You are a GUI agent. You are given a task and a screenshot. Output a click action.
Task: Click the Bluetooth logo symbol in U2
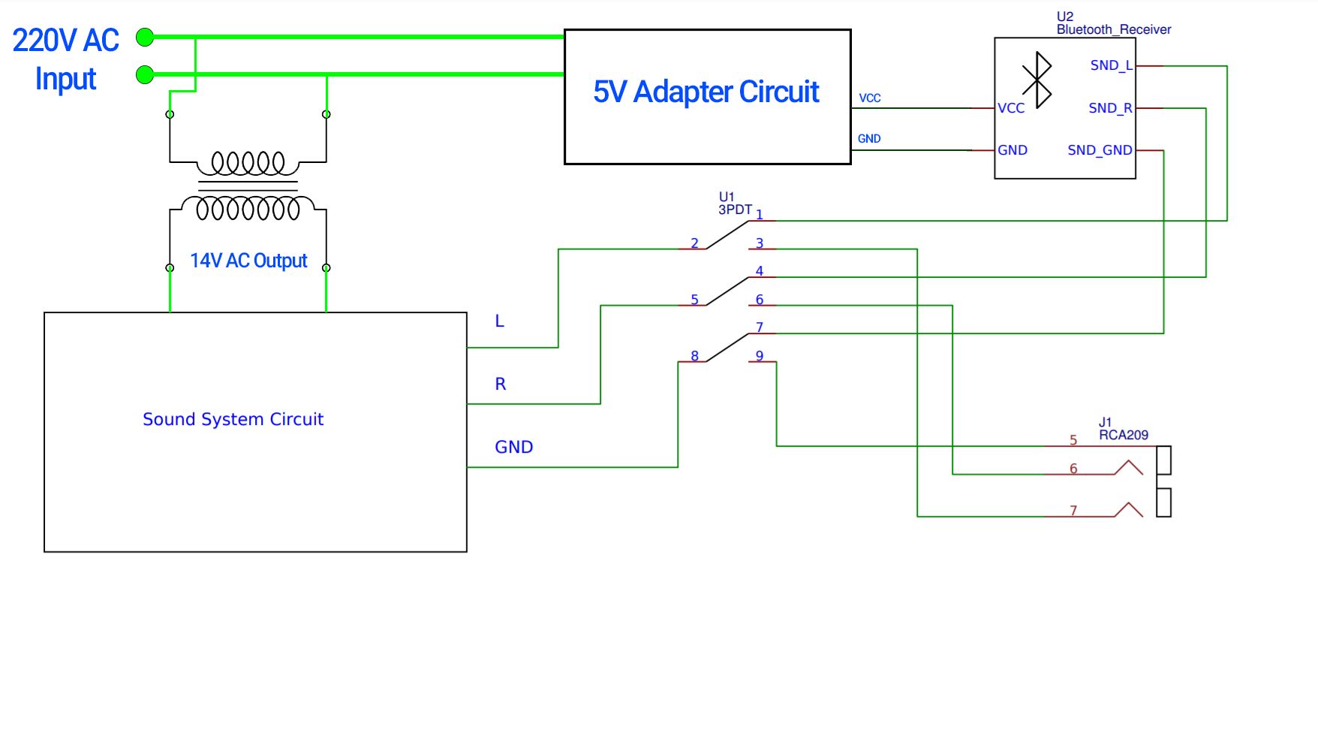click(1037, 80)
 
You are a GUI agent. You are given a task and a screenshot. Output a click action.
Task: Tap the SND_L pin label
click(1111, 65)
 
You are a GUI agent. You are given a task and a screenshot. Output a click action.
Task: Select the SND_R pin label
click(1110, 108)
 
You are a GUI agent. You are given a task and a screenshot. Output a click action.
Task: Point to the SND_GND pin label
click(1100, 150)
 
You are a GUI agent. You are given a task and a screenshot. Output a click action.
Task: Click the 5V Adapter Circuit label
click(706, 92)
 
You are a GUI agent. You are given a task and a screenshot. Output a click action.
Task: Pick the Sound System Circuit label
click(233, 419)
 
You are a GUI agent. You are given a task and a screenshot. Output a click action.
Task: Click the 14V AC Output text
click(248, 261)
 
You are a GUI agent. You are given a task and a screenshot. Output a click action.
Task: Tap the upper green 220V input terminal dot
click(145, 37)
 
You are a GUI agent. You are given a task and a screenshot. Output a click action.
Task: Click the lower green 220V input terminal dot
click(145, 74)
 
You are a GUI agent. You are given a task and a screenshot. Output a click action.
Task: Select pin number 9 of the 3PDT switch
click(760, 355)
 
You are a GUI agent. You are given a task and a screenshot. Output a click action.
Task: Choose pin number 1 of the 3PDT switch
click(760, 215)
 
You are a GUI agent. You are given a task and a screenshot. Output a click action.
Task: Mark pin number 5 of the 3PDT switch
click(694, 300)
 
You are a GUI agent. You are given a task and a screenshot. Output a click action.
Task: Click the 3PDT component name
click(735, 210)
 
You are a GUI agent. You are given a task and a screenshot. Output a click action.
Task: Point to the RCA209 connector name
click(1123, 435)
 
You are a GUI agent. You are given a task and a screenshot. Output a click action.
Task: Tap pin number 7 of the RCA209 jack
click(1073, 511)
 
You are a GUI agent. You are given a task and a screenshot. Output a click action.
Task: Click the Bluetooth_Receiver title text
click(1113, 29)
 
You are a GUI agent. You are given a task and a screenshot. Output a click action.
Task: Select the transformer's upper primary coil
click(248, 162)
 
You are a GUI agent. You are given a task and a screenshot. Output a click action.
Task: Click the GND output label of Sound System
click(514, 447)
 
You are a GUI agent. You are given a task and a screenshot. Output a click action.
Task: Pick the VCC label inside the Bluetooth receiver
click(1011, 108)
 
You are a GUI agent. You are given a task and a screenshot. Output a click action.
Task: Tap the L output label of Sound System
click(499, 321)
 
